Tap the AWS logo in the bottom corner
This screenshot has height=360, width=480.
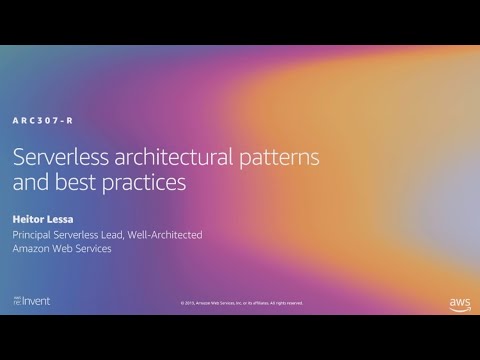coord(458,301)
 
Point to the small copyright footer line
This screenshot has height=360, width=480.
coord(241,303)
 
